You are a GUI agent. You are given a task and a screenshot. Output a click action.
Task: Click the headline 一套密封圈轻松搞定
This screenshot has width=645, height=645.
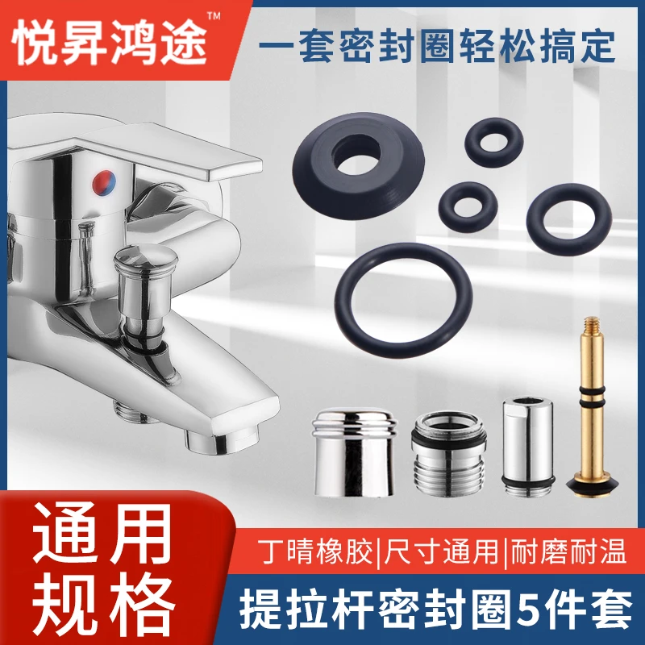pyautogui.click(x=436, y=46)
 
